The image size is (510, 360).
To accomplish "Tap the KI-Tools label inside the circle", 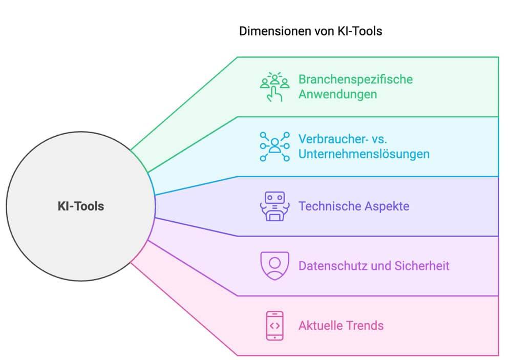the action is coord(81,206).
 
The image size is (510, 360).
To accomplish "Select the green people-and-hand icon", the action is coord(274,87).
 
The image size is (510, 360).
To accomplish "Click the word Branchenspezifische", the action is coord(355,80).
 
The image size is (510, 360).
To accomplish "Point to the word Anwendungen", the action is coord(337,95).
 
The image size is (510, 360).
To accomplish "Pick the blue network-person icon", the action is coord(274,146).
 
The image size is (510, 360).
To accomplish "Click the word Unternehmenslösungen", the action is coord(364,154).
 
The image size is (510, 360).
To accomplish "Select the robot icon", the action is coord(274,206).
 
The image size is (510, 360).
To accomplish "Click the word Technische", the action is coord(329,206).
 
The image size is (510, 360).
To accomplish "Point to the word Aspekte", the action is coord(387,207).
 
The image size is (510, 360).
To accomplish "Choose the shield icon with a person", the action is coord(274,266).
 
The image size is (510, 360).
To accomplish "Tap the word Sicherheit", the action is coord(422,266).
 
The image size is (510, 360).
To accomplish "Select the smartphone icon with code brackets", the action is coord(274,326).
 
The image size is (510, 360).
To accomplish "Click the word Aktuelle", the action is coord(321,326).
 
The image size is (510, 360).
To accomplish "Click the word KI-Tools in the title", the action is coord(360,31).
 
